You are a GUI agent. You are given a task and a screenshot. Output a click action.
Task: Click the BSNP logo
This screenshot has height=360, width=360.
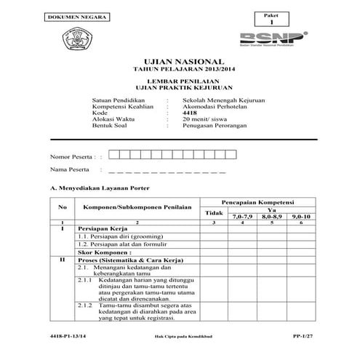click(x=281, y=36)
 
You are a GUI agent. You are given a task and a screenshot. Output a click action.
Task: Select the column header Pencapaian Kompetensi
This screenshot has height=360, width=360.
click(x=257, y=200)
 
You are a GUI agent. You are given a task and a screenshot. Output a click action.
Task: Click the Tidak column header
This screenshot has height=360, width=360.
click(x=213, y=212)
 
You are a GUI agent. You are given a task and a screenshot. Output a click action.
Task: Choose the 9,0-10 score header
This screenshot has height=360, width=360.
click(x=300, y=217)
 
